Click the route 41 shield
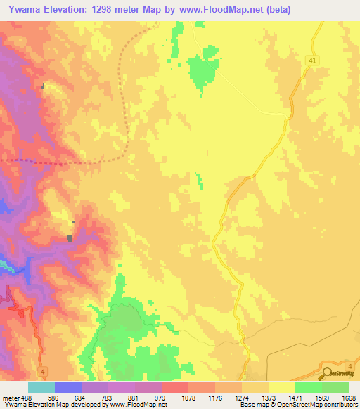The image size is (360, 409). (311, 63)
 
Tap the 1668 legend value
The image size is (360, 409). (349, 398)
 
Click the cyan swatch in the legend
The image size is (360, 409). (41, 387)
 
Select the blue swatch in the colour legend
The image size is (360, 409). (68, 387)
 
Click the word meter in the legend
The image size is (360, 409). (12, 398)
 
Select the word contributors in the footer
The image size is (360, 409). (340, 405)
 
